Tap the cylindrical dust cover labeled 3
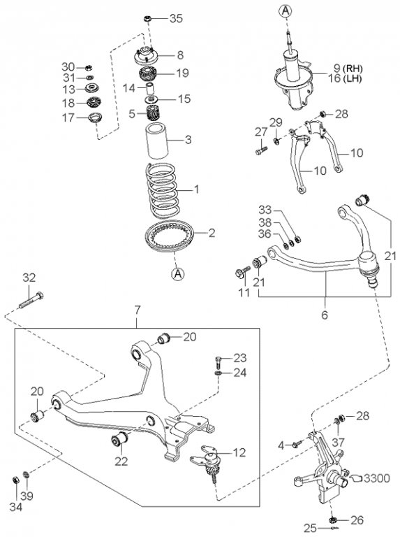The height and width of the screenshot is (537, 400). pyautogui.click(x=157, y=141)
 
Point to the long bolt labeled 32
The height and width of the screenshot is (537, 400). pyautogui.click(x=31, y=300)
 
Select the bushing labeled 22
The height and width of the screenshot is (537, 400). pyautogui.click(x=119, y=439)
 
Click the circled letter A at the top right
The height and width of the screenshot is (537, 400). pyautogui.click(x=285, y=11)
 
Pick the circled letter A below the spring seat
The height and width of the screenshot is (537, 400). pyautogui.click(x=177, y=274)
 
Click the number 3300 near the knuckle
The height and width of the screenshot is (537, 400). pyautogui.click(x=376, y=478)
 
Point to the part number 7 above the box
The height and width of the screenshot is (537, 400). pyautogui.click(x=137, y=310)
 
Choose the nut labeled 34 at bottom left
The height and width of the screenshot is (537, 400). pyautogui.click(x=15, y=480)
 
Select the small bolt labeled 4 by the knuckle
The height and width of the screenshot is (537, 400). pyautogui.click(x=297, y=443)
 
